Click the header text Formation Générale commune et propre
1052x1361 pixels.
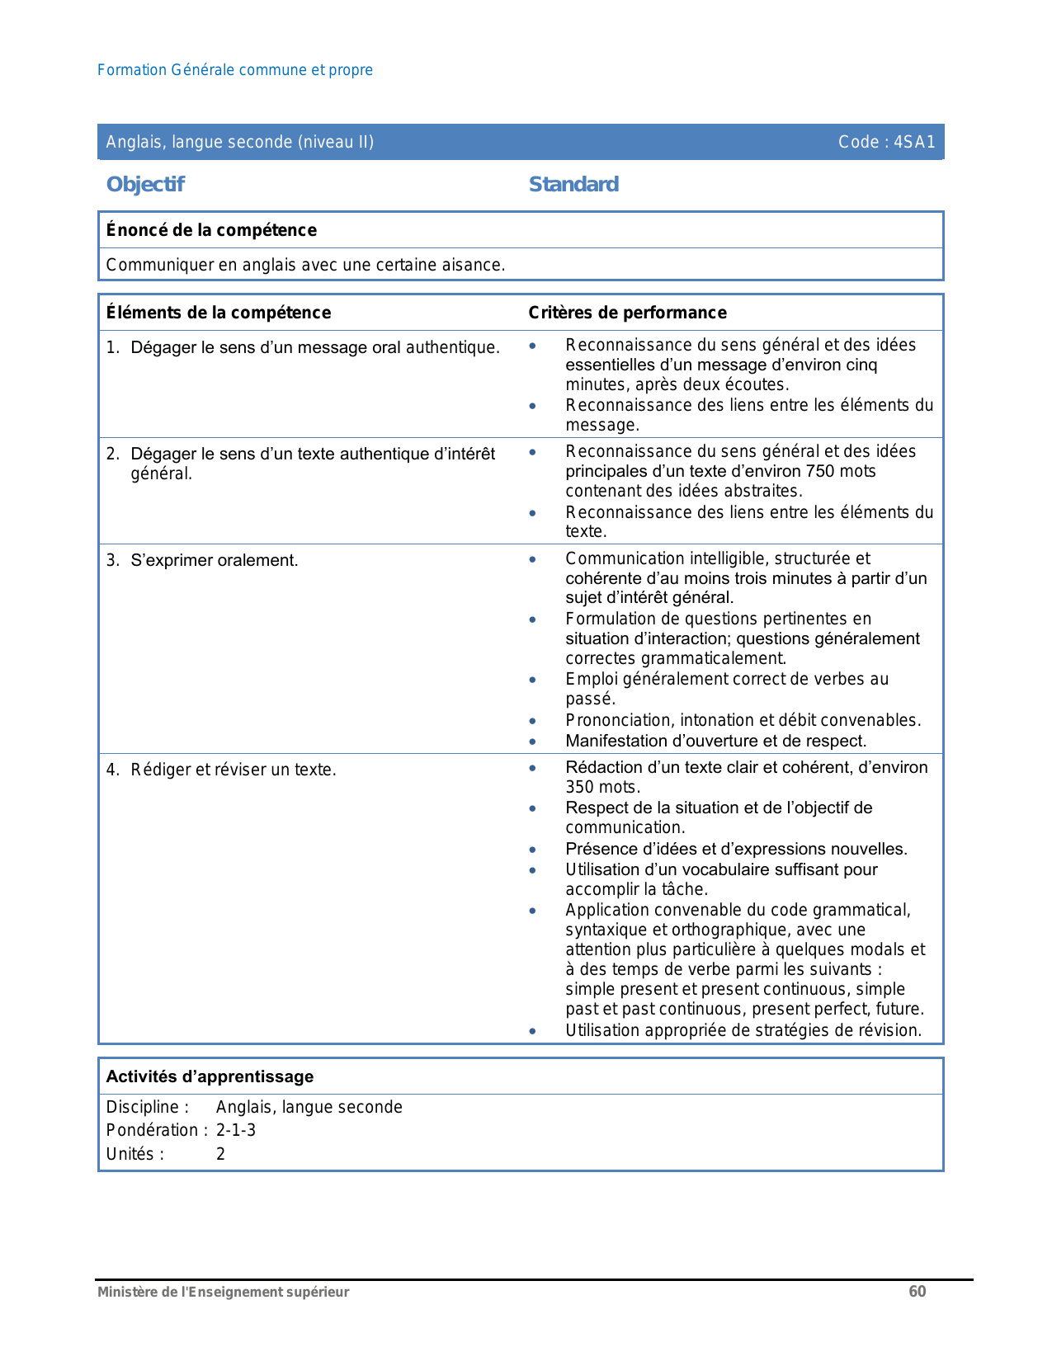coord(235,70)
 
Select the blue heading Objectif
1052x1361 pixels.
coord(145,184)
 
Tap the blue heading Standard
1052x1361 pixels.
coord(573,184)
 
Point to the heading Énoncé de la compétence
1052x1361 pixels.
coord(211,230)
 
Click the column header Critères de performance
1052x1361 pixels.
coord(627,313)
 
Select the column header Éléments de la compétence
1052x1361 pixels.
coord(219,313)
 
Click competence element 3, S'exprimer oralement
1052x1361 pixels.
coord(215,561)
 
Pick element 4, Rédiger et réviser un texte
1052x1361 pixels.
coord(234,770)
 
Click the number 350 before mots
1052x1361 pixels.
coord(580,788)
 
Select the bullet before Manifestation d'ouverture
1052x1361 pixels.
coord(533,742)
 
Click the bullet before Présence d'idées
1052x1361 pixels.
coord(533,850)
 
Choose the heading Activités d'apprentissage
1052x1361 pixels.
coord(210,1076)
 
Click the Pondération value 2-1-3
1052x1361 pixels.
coord(236,1130)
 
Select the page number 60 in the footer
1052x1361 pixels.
coord(918,1292)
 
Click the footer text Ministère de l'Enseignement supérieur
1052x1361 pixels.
coord(223,1293)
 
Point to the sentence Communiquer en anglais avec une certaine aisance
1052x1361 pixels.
coord(305,266)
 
